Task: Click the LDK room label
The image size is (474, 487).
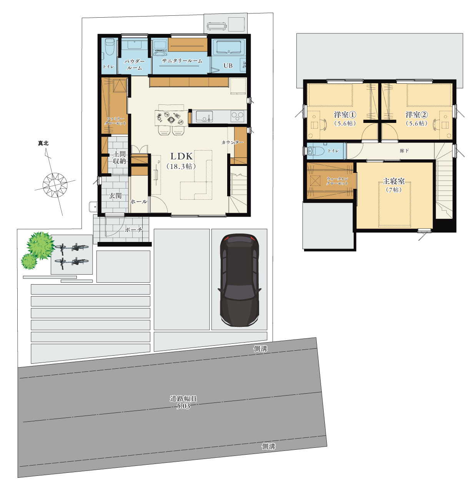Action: (181, 156)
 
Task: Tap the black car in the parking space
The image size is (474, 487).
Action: (239, 280)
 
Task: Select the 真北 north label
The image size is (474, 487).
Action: (43, 143)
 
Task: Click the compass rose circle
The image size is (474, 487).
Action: (55, 185)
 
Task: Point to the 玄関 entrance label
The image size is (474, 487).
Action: (115, 195)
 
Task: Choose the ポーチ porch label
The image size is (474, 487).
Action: (133, 229)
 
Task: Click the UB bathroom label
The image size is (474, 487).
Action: (228, 66)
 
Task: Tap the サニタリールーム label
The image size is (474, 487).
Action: (182, 61)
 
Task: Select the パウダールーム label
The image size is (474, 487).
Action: (134, 65)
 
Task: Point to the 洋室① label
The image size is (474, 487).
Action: (345, 114)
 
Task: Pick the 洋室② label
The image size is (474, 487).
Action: (417, 114)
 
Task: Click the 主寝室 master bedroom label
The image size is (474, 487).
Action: (394, 181)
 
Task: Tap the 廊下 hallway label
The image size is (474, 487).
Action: (404, 151)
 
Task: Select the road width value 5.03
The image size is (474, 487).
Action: (183, 406)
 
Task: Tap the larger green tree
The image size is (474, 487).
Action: (40, 245)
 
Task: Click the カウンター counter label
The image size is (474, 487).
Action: (232, 142)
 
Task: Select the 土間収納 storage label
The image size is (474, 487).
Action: (119, 157)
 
